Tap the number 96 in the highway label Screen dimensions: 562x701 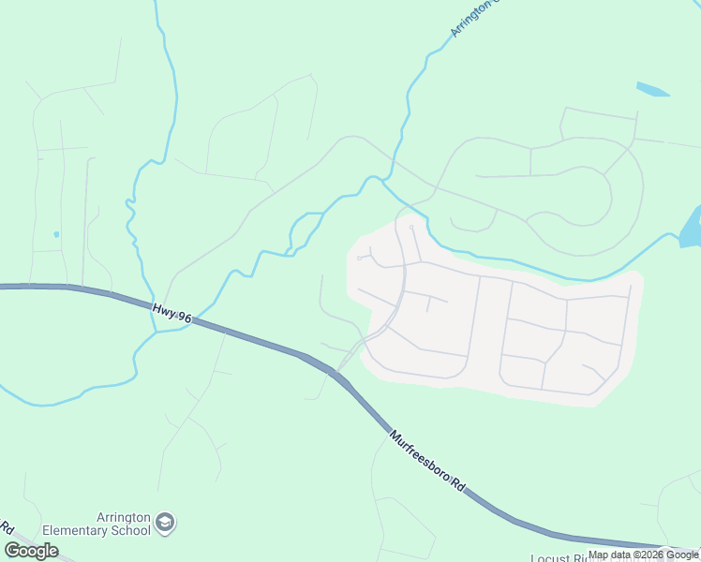pyautogui.click(x=185, y=318)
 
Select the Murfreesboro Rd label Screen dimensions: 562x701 pyautogui.click(x=428, y=462)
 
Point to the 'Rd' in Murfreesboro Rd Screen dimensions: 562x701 pyautogui.click(x=458, y=484)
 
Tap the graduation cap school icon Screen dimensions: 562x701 pyautogui.click(x=165, y=522)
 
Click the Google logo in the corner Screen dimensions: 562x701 pyautogui.click(x=31, y=551)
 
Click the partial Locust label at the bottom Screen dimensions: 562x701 pyautogui.click(x=551, y=558)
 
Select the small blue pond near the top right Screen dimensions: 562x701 pyautogui.click(x=652, y=90)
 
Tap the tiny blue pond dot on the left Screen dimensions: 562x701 pyautogui.click(x=56, y=233)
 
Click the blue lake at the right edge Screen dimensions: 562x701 pyautogui.click(x=691, y=228)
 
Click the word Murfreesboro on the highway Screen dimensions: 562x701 pyautogui.click(x=421, y=456)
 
